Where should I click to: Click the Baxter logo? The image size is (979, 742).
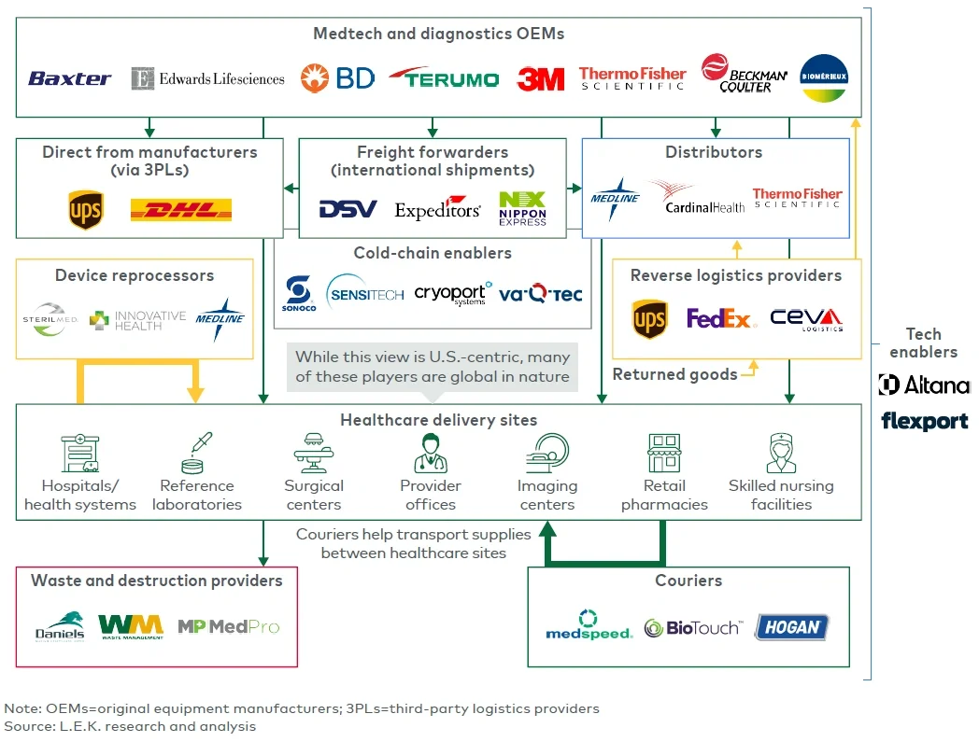(70, 78)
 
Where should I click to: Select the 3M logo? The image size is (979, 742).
(540, 79)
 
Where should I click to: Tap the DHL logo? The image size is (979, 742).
(181, 210)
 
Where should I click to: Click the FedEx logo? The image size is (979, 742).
(720, 319)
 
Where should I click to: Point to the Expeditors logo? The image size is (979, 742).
(437, 209)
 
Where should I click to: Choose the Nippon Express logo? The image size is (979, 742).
(523, 209)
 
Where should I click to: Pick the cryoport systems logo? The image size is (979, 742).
(453, 294)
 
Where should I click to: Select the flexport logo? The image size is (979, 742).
(924, 422)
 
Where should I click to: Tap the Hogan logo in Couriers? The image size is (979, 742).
(791, 627)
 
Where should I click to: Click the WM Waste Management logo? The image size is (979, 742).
(131, 625)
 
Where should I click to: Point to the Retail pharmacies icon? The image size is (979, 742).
(664, 454)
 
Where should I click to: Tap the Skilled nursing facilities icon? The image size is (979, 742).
(781, 454)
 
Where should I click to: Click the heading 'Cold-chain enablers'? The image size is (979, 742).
(433, 253)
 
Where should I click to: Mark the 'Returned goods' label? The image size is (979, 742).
(674, 374)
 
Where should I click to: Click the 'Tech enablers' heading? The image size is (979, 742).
(923, 343)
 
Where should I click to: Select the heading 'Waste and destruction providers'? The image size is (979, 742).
(156, 581)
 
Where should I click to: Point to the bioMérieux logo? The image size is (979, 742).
(824, 77)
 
